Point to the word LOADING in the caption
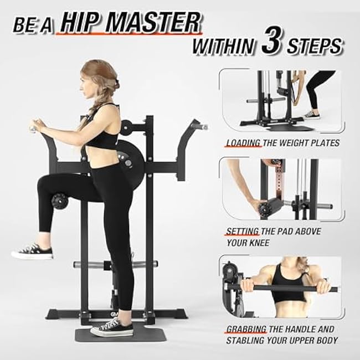coord(243,143)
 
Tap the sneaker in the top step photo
coord(312,114)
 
